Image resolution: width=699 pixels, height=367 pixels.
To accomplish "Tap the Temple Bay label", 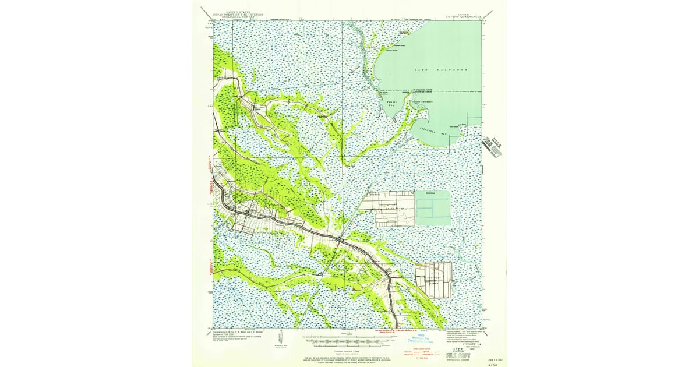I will [x=392, y=104].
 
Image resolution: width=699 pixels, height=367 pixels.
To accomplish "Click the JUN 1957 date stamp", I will [x=493, y=352].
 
